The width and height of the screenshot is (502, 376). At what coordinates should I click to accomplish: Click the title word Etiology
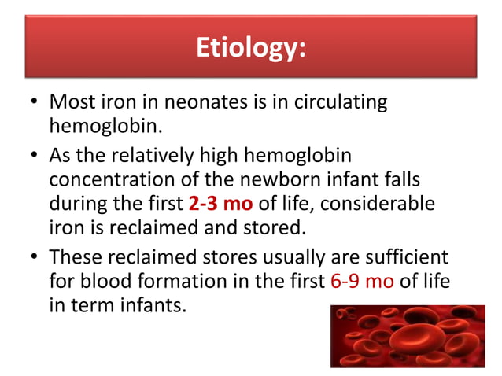click(x=250, y=49)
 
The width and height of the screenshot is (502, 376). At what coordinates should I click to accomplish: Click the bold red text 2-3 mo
click(x=220, y=203)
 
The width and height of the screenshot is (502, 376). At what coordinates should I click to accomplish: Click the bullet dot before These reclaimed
click(x=33, y=257)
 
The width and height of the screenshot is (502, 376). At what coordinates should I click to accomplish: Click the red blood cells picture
click(x=407, y=336)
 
